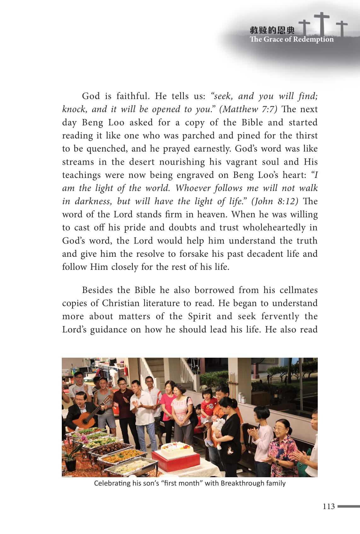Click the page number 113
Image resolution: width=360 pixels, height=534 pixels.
[x=328, y=506]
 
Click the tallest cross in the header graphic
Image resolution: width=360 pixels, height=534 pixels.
[x=322, y=24]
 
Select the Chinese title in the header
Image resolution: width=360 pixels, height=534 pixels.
[x=272, y=30]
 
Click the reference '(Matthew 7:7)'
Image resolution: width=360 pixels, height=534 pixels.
[x=248, y=109]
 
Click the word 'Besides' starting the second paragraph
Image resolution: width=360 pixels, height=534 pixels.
[x=97, y=290]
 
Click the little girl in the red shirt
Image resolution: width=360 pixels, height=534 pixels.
[x=208, y=407]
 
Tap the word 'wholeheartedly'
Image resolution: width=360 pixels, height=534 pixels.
[x=274, y=228]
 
